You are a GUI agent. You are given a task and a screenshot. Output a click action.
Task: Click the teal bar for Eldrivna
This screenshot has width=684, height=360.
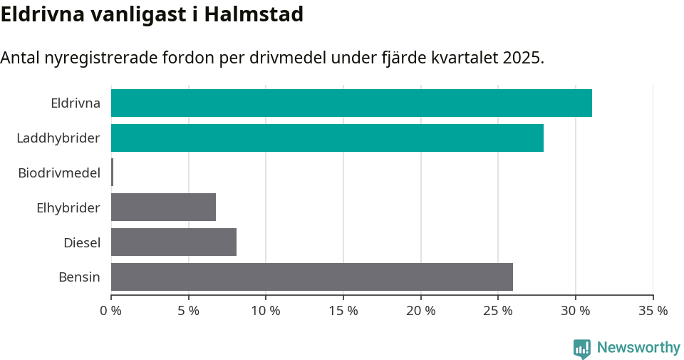[351, 103]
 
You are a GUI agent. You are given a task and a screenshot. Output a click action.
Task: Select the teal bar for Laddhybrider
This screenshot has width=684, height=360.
[327, 138]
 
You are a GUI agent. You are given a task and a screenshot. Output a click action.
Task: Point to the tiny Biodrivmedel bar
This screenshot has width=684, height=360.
[112, 173]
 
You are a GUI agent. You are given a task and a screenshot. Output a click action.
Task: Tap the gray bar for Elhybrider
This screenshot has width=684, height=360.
[163, 207]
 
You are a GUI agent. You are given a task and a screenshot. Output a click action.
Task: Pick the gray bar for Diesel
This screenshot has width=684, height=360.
[174, 242]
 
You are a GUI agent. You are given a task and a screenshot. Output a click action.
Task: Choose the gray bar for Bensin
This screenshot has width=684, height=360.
[312, 277]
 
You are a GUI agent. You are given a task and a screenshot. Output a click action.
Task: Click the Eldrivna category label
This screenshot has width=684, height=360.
[76, 103]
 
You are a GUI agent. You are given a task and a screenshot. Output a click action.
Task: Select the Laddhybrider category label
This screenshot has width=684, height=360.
[58, 138]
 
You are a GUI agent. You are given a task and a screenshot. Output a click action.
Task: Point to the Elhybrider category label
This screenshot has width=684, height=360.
[68, 207]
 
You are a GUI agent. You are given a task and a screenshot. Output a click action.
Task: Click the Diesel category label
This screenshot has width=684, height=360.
[82, 242]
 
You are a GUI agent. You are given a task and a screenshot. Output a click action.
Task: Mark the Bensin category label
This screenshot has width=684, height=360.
[79, 277]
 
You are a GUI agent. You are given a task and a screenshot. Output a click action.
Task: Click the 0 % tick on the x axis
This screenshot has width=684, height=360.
[111, 311]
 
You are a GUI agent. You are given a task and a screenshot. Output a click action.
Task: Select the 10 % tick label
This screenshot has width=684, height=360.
[266, 311]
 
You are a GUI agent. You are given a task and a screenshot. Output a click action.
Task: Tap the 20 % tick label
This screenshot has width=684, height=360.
[421, 311]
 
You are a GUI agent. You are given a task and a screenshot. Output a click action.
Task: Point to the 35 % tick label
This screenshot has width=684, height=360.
[653, 311]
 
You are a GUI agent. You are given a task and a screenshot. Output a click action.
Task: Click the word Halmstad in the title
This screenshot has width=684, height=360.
[254, 14]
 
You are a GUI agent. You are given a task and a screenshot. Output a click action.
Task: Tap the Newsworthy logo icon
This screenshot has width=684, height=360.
[582, 348]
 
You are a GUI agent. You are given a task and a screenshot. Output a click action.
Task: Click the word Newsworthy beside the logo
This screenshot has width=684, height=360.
[638, 348]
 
